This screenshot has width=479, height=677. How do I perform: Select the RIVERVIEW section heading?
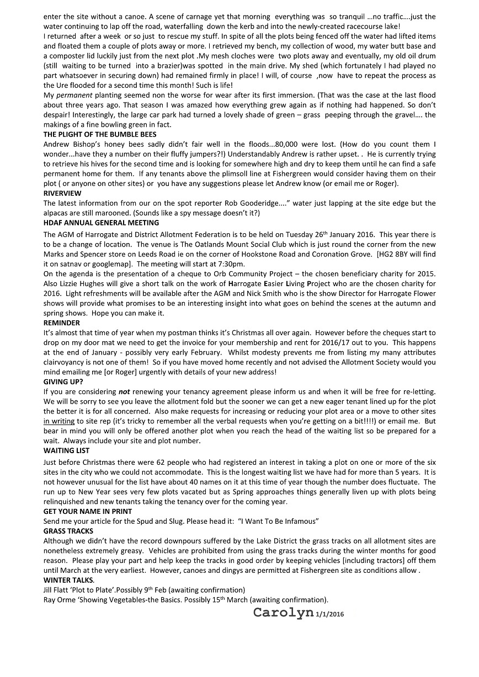pos(62,194)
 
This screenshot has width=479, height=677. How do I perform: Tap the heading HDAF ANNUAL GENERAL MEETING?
pos(101,223)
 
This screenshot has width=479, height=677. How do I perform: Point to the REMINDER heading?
pos(62,323)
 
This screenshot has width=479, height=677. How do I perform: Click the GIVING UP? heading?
pos(63,382)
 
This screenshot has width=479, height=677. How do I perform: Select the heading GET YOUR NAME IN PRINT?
pos(88,512)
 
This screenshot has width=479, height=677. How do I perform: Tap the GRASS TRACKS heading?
pos(68,531)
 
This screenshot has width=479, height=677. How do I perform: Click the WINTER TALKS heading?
pos(68,581)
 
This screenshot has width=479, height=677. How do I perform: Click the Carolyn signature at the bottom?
pos(283,612)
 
